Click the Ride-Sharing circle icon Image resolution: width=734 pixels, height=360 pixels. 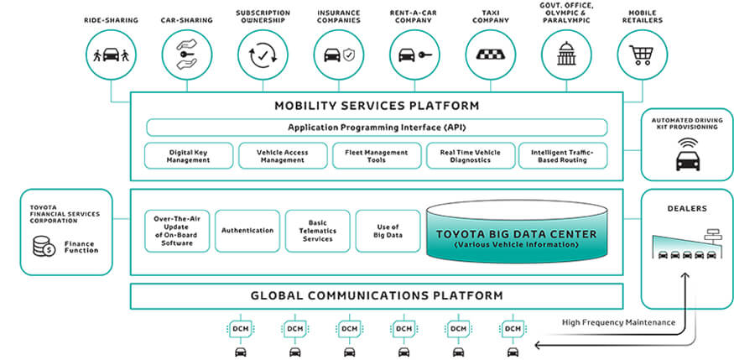click(x=111, y=55)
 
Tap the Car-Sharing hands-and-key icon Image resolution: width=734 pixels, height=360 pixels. click(x=184, y=55)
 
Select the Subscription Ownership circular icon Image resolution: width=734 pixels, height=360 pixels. click(x=261, y=55)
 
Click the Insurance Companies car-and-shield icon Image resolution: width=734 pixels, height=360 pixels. click(x=337, y=55)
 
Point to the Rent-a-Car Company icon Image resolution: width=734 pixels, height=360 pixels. click(x=413, y=55)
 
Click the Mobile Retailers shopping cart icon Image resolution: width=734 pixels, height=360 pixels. click(x=641, y=55)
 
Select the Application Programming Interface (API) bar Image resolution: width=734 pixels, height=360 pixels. click(x=377, y=128)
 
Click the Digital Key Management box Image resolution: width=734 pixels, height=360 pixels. click(x=188, y=156)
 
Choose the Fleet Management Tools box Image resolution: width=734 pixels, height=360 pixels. click(x=377, y=156)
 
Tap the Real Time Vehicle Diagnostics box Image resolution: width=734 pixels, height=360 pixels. click(x=471, y=156)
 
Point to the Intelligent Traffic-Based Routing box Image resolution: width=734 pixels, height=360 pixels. click(x=565, y=156)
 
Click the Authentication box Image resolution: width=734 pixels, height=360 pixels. click(x=247, y=231)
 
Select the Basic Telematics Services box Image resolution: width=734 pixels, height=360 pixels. click(x=317, y=231)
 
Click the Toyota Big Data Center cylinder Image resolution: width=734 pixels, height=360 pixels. click(x=515, y=234)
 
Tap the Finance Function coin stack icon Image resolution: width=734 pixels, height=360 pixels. click(x=40, y=246)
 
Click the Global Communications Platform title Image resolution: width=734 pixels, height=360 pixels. click(x=377, y=295)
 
